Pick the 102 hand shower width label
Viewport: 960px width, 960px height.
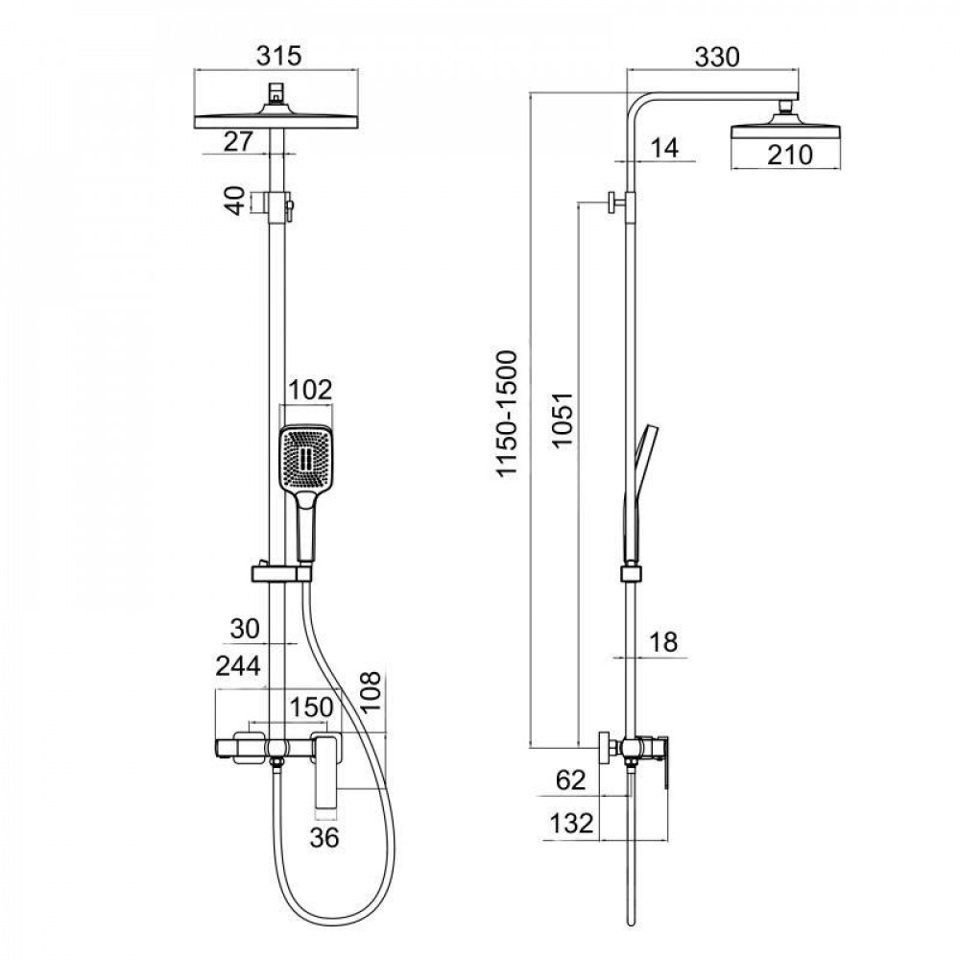310,390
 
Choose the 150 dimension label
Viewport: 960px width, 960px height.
312,708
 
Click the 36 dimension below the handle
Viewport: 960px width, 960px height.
325,838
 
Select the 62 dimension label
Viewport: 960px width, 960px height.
570,780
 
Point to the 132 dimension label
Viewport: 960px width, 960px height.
570,822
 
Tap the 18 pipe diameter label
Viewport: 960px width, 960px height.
662,642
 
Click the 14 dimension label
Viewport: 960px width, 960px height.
663,148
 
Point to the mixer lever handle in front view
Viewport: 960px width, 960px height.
327,768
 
